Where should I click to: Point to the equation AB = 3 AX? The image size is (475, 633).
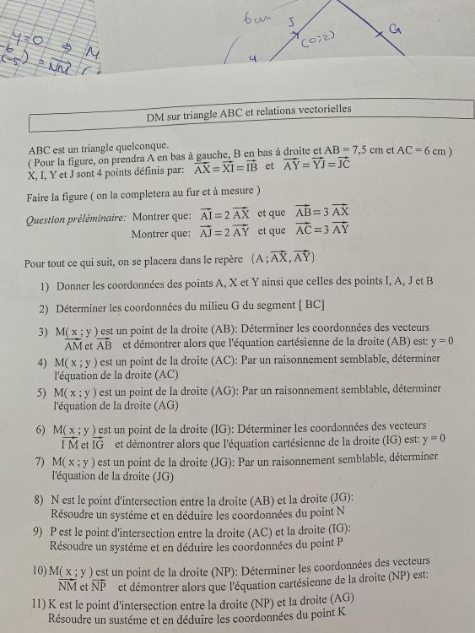[x=322, y=213]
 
